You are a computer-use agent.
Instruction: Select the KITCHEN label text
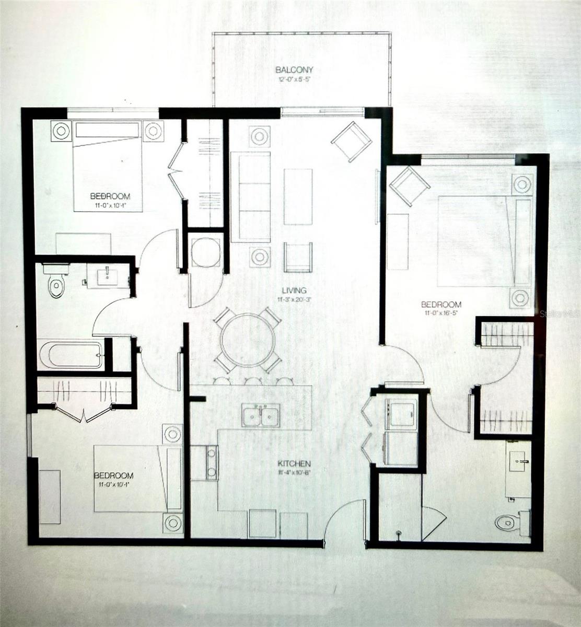click(x=294, y=463)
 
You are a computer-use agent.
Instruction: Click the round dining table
click(x=248, y=340)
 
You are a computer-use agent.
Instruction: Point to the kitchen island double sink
click(x=261, y=416)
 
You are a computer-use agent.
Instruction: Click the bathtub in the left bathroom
click(x=71, y=355)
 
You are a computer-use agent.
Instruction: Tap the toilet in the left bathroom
click(x=55, y=283)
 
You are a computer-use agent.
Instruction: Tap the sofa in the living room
click(x=251, y=197)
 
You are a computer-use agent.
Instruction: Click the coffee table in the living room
click(x=298, y=196)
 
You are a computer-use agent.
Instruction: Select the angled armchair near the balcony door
click(x=351, y=141)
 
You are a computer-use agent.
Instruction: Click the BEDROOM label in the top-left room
click(x=110, y=196)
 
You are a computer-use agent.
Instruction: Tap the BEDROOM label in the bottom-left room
click(x=113, y=475)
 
